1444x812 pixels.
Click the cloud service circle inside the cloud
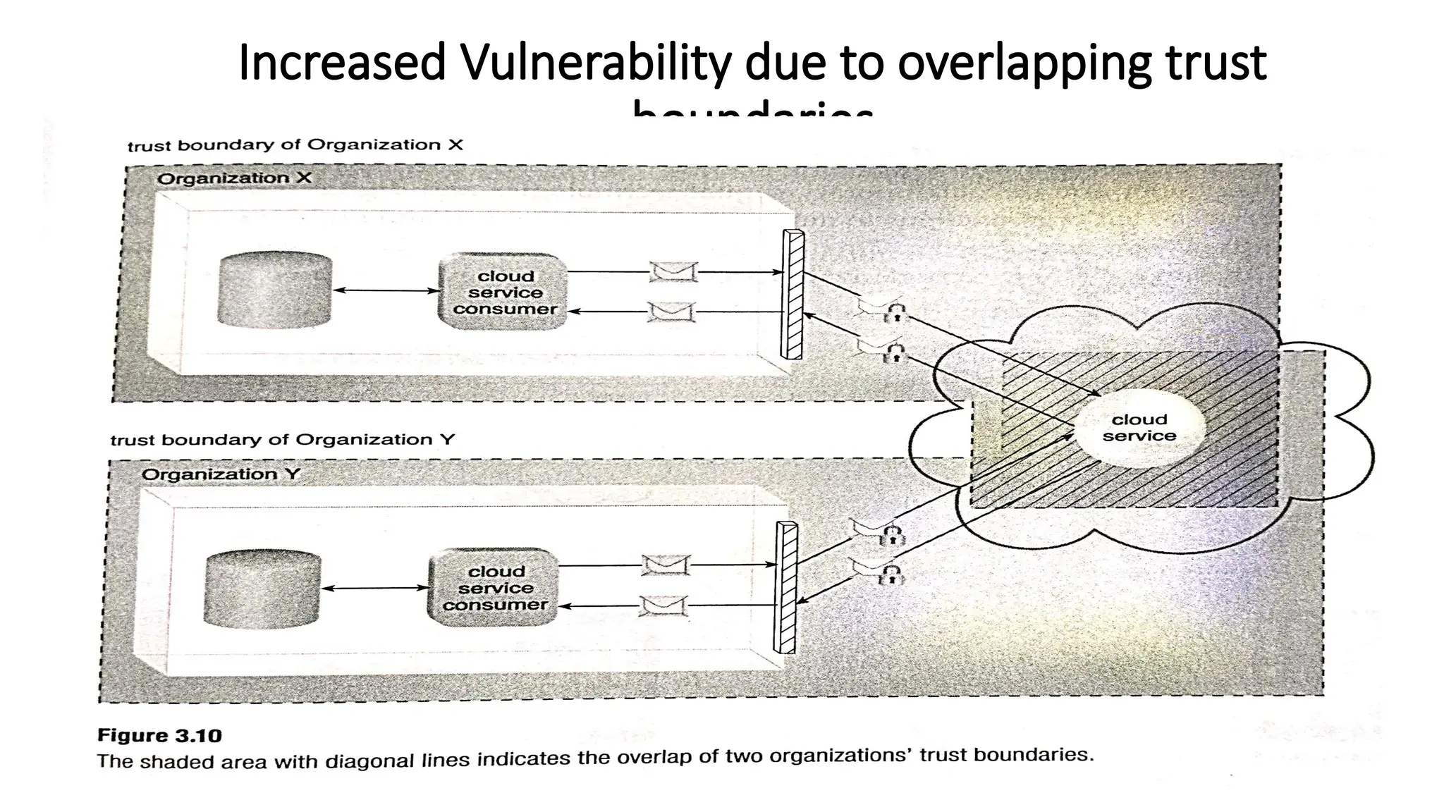click(x=1138, y=428)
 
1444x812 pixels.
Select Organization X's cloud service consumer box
click(x=504, y=293)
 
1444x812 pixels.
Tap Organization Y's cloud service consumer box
click(x=494, y=588)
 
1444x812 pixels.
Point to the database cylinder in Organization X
click(x=275, y=290)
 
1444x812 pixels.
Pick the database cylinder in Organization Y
click(x=262, y=589)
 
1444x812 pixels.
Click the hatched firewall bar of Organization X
click(x=793, y=295)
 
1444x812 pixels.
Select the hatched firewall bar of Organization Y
click(x=785, y=587)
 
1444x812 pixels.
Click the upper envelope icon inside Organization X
click(x=673, y=271)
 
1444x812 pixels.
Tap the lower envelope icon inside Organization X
click(x=671, y=312)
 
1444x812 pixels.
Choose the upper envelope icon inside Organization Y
click(x=666, y=565)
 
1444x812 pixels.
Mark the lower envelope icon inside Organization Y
click(x=663, y=605)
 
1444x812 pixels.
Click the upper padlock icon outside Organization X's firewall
click(x=895, y=313)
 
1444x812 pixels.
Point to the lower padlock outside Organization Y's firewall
click(x=892, y=575)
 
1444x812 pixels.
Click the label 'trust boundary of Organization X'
click(x=295, y=145)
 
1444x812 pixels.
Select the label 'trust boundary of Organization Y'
click(x=283, y=440)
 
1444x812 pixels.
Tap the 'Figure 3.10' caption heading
click(x=159, y=736)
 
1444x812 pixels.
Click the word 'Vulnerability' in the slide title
click(x=596, y=63)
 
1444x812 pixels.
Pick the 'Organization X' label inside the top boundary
click(x=233, y=178)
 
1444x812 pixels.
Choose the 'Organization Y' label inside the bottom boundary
click(x=221, y=474)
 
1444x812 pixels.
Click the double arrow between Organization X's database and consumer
click(x=386, y=290)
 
